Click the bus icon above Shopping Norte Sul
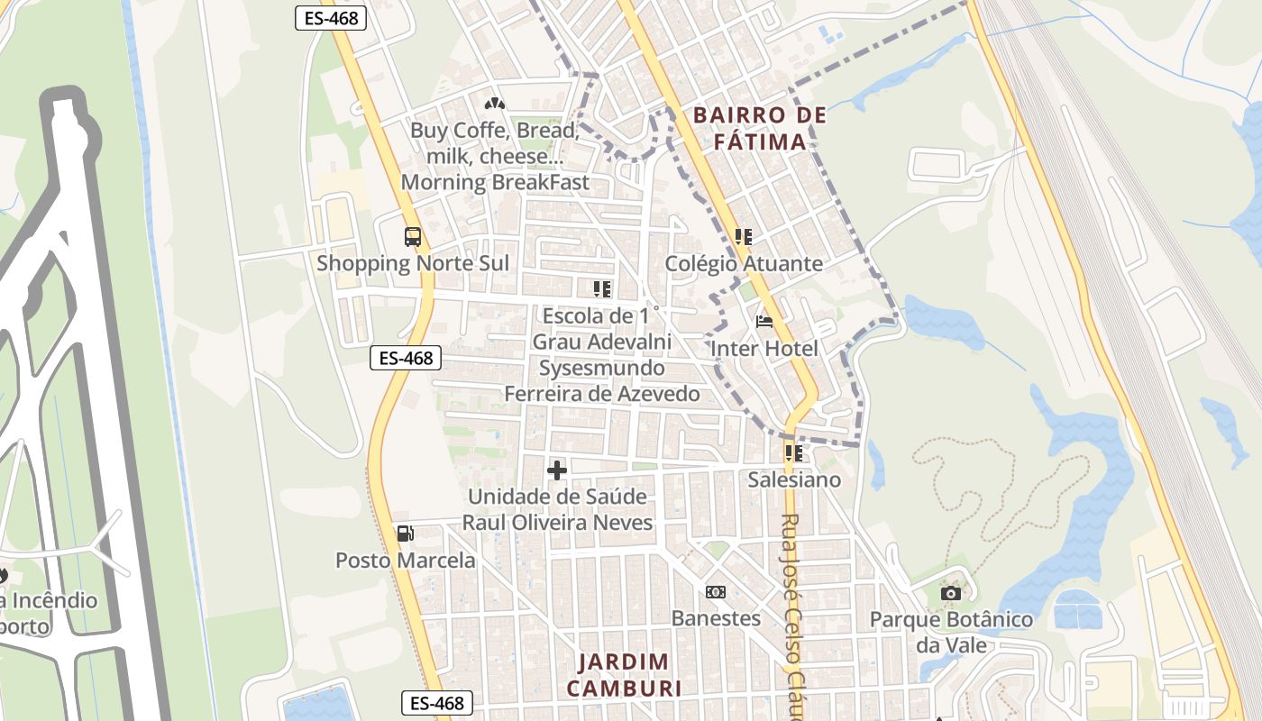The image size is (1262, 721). pos(413,237)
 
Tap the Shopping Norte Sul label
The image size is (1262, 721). pos(413,263)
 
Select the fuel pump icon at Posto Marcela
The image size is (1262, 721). pos(406,534)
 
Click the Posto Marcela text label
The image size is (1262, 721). pos(406,561)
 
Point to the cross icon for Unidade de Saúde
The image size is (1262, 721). pos(557,470)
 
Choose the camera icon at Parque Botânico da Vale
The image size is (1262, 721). pos(951,593)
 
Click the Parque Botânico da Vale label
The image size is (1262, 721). pos(951,633)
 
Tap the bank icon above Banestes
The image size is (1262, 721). pos(716,592)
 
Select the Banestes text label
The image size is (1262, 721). pos(716,618)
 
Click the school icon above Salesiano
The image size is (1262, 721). pos(794,453)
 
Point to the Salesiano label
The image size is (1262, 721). pos(794,479)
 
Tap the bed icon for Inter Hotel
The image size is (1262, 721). pos(764,322)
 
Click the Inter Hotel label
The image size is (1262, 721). pos(764,349)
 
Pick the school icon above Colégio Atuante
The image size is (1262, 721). pos(744,237)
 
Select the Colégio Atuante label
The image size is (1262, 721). pos(744,263)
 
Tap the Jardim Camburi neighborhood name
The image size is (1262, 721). pos(624,674)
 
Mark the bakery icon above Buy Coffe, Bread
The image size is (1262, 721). pos(494,104)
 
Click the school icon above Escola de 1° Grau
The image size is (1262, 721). pos(602,289)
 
